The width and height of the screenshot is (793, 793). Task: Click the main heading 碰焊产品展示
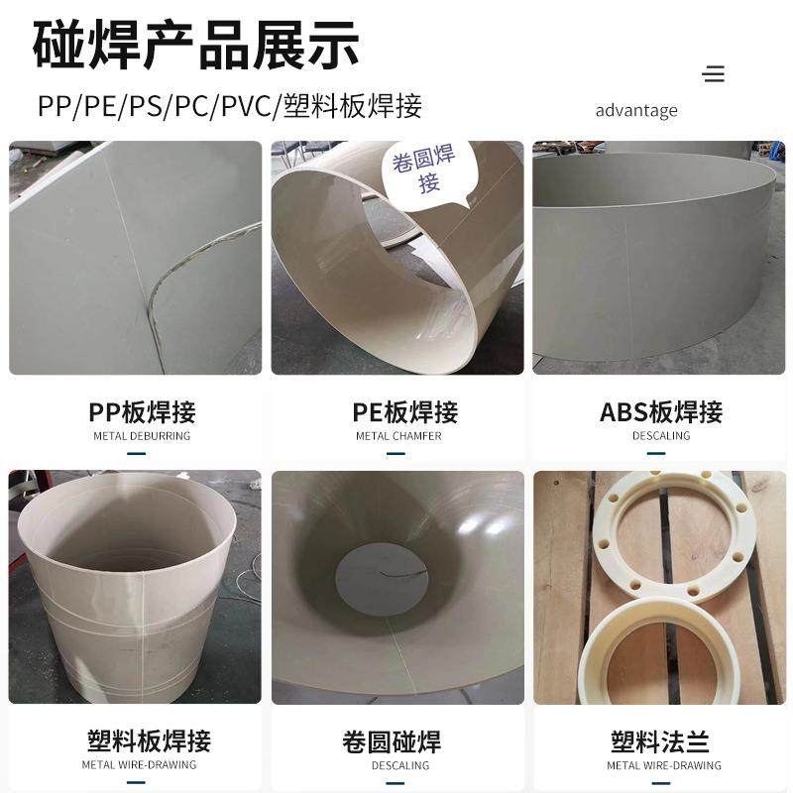pos(196,45)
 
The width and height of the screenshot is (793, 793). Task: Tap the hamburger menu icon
pos(713,73)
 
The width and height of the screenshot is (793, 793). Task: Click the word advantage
pos(636,110)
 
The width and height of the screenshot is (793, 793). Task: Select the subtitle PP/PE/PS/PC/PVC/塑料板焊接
pos(230,105)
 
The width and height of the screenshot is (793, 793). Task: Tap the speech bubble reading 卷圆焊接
pos(423,169)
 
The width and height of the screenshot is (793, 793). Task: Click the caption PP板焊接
pos(142,412)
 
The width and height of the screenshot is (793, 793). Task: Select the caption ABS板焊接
pos(661,412)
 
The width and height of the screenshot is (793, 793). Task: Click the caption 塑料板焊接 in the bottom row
pos(149,740)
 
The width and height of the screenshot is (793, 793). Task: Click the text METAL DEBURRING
pos(142,436)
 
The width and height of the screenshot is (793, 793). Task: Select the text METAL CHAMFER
pos(398,436)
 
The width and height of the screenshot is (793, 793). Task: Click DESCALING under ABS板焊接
pos(661,436)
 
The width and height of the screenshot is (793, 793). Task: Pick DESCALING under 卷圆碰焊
pos(400,765)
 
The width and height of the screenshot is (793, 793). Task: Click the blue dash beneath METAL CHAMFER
pos(397,454)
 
